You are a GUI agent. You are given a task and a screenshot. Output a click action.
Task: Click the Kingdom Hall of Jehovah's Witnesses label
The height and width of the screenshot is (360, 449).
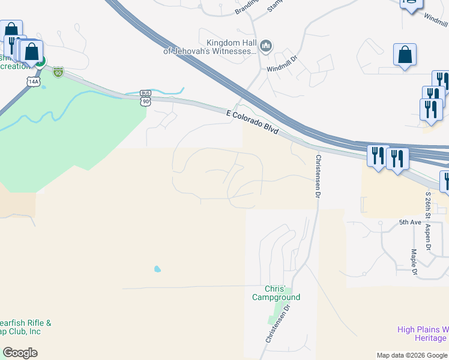(x=210, y=47)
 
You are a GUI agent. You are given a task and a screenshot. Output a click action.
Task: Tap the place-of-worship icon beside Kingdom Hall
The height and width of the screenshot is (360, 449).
(x=267, y=46)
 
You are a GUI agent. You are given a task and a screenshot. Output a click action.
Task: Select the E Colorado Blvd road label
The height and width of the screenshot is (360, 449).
(x=253, y=122)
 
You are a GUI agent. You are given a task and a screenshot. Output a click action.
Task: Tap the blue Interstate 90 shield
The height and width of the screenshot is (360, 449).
(x=58, y=73)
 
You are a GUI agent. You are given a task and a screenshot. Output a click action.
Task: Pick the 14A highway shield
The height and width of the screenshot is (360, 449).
(x=33, y=81)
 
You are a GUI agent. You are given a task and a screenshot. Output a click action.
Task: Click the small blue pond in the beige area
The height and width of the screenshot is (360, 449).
(x=157, y=269)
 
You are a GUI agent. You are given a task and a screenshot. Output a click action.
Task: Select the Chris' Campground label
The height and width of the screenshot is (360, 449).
(x=276, y=293)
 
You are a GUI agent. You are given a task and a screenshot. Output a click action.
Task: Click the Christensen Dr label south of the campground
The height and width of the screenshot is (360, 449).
(x=278, y=323)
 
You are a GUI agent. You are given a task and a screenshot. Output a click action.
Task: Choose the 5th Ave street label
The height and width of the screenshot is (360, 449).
(x=411, y=222)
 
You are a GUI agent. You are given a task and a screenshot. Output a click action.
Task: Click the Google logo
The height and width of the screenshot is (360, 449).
(x=20, y=353)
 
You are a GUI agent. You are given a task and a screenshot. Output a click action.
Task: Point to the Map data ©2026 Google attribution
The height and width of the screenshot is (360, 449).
(x=412, y=355)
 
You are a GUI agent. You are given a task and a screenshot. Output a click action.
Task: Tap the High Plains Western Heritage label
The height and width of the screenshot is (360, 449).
(x=423, y=334)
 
